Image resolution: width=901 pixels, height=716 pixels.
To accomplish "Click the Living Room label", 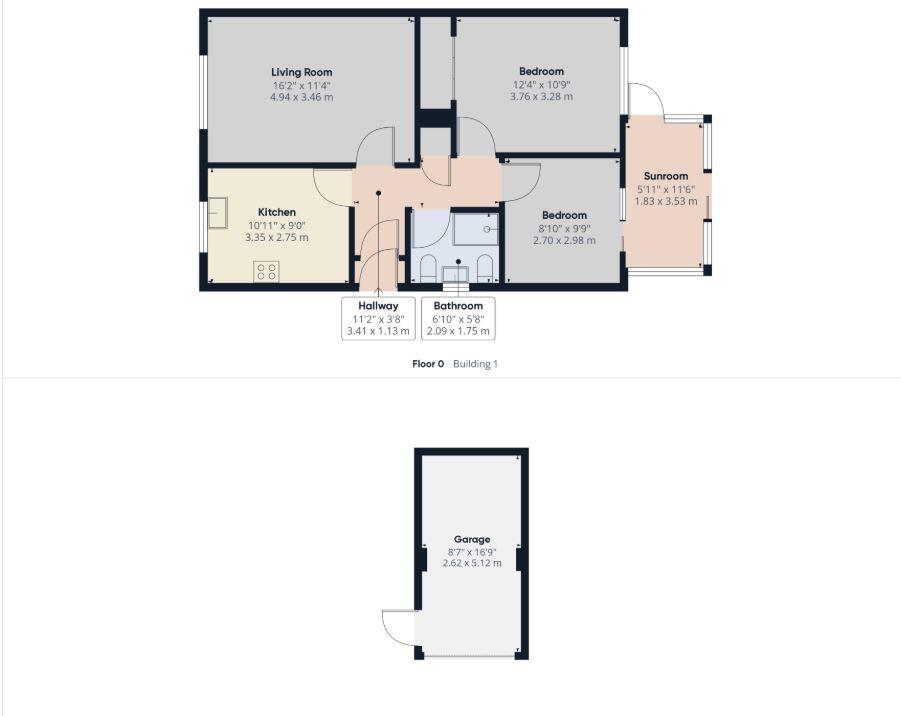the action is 302,72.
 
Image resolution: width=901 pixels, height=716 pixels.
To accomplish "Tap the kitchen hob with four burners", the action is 267,271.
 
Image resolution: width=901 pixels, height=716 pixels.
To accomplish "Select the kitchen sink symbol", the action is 217,213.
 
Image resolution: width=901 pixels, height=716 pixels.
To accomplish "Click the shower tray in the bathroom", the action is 476,229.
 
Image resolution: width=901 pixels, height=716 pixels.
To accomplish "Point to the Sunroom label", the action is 666,176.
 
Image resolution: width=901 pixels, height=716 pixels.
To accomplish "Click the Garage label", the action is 472,539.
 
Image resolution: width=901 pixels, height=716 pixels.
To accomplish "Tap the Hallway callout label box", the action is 378,318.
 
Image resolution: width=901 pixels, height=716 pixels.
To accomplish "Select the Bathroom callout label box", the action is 458,318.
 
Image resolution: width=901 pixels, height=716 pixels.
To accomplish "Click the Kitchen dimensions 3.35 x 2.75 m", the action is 277,237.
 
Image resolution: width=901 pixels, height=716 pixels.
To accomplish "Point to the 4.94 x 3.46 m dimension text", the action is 302,97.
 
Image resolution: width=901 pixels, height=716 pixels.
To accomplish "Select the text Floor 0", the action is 428,364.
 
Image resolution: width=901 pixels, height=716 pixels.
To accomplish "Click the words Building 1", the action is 475,364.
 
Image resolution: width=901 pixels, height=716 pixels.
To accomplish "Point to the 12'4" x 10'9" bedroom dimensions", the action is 541,84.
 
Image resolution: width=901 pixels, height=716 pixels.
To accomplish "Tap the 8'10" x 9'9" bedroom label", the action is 564,228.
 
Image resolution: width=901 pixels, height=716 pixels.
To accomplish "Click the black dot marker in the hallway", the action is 378,193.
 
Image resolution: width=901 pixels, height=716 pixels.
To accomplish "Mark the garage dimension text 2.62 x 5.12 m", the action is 472,563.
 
